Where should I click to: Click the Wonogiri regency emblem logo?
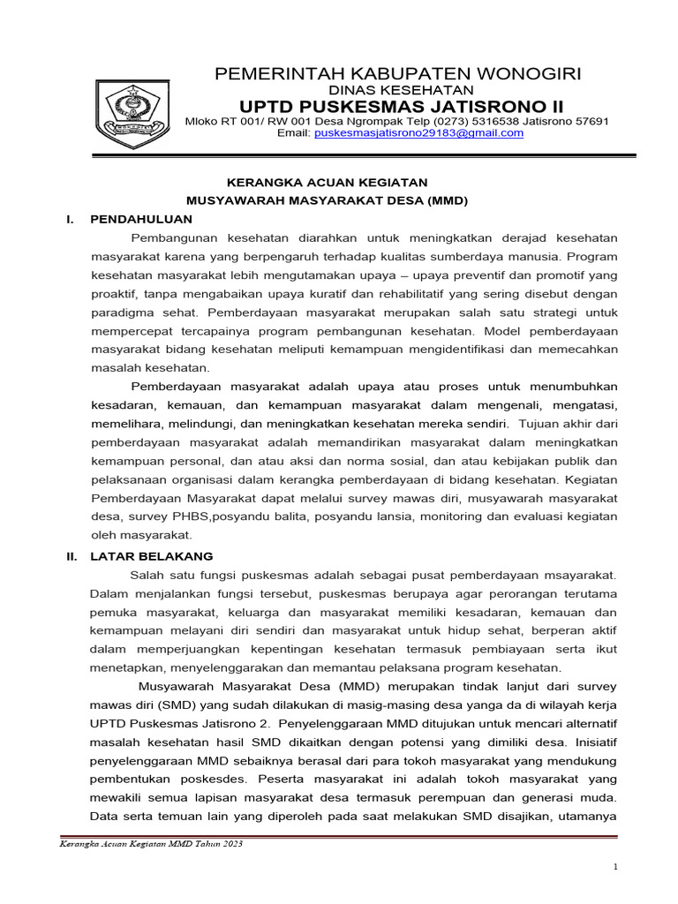click(x=131, y=113)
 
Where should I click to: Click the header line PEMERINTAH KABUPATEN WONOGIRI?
click(x=398, y=73)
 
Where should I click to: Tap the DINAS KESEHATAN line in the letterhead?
click(x=401, y=90)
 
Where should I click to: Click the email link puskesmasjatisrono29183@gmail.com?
click(x=419, y=133)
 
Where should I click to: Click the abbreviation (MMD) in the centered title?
click(x=447, y=201)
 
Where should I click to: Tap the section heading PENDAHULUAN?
click(x=141, y=219)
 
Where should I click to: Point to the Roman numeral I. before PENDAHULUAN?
click(x=70, y=219)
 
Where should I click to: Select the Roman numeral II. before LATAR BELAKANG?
click(x=73, y=557)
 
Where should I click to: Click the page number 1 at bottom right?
click(x=616, y=869)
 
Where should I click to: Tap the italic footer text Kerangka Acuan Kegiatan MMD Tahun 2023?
click(x=151, y=844)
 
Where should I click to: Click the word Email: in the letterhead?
click(x=294, y=133)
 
